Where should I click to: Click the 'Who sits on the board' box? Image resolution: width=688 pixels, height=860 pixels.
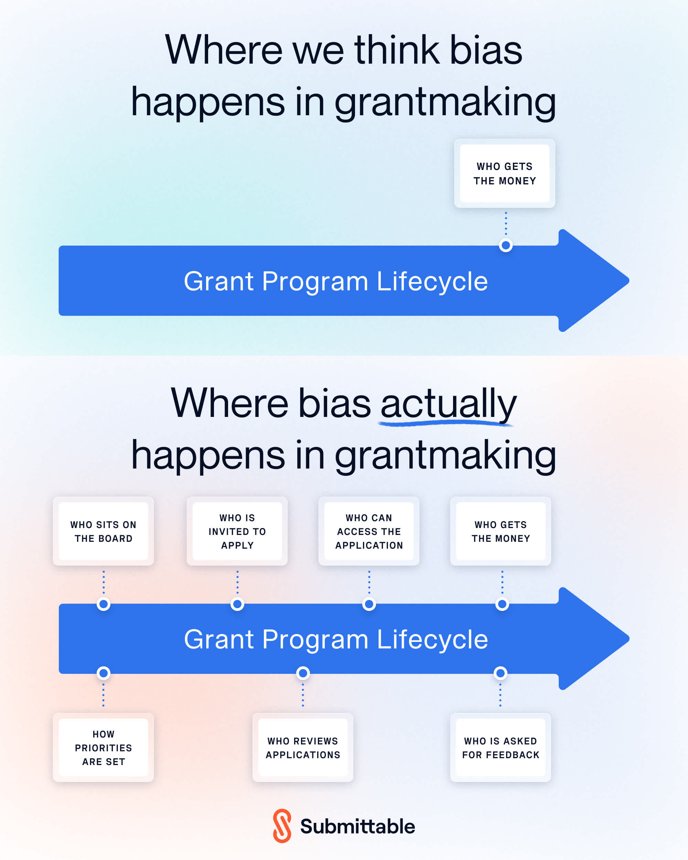(103, 531)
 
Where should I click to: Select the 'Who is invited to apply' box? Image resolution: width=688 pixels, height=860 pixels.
(237, 531)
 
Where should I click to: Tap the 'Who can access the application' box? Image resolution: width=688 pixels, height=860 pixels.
(369, 531)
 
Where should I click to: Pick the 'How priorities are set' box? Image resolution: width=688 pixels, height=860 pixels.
(103, 748)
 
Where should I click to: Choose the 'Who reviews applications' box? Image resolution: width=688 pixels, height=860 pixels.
(303, 748)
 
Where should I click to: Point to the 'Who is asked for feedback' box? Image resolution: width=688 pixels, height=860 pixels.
(501, 748)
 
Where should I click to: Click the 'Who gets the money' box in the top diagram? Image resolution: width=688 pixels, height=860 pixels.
(505, 173)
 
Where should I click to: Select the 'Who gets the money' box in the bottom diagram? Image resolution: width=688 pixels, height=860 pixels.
(501, 531)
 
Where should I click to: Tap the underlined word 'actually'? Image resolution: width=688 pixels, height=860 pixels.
(448, 404)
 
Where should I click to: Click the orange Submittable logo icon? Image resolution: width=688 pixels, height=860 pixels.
(282, 826)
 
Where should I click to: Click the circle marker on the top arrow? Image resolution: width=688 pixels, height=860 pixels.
(506, 245)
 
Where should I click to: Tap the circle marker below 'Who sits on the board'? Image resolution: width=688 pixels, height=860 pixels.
(104, 604)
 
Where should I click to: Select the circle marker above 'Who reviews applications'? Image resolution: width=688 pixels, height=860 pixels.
(303, 673)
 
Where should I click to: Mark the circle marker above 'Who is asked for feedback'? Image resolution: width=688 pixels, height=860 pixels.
(501, 673)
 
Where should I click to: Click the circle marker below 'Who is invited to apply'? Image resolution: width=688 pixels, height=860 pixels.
(237, 604)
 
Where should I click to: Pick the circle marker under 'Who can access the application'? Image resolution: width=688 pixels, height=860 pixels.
(369, 604)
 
